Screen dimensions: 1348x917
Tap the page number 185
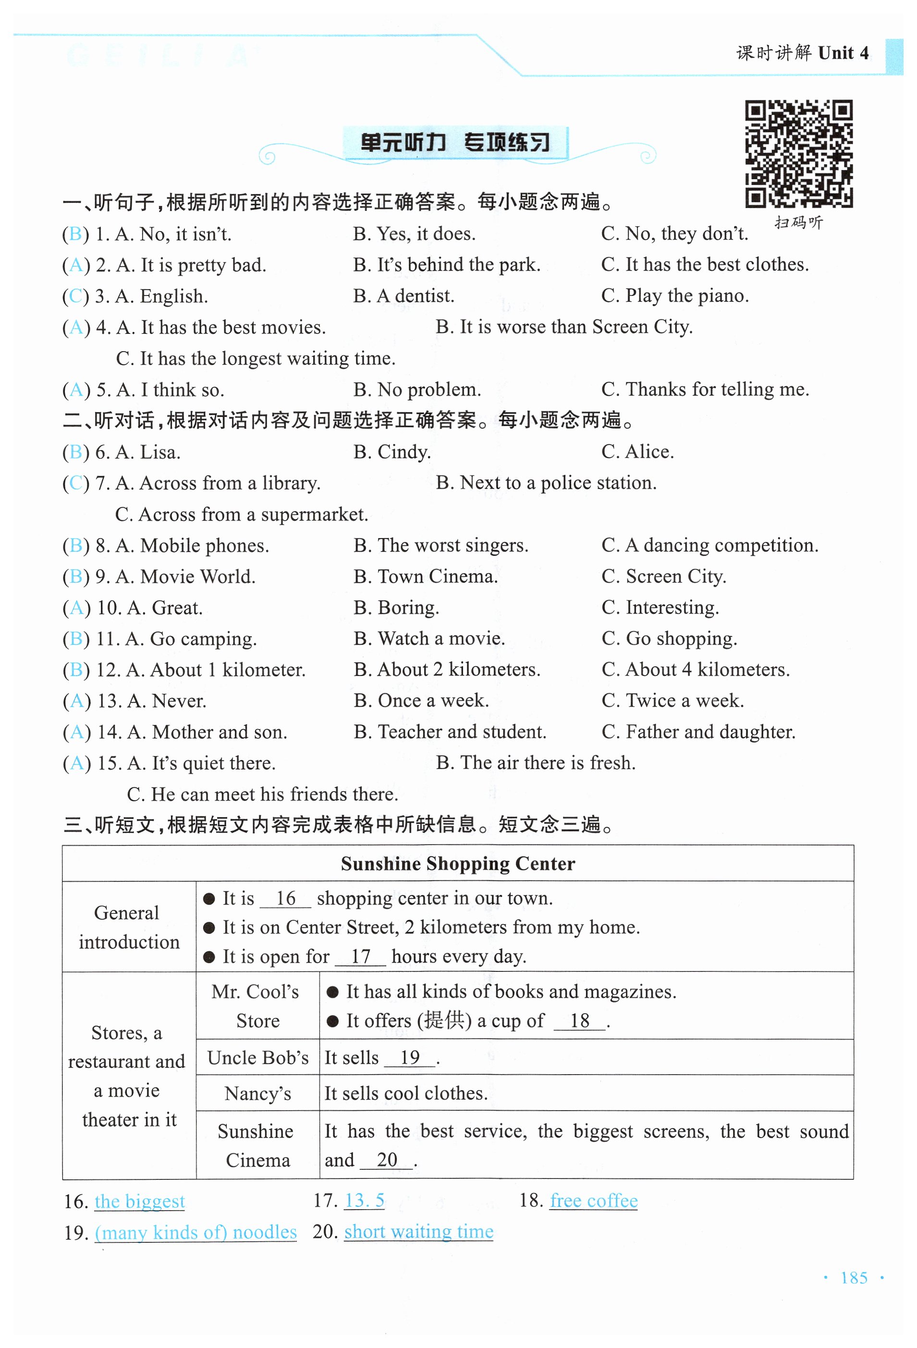pyautogui.click(x=854, y=1278)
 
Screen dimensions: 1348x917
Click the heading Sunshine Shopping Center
pyautogui.click(x=458, y=864)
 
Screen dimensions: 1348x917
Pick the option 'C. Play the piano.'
pyautogui.click(x=674, y=296)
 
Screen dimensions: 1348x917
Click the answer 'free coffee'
pyautogui.click(x=593, y=1201)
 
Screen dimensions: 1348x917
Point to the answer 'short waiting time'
pyautogui.click(x=418, y=1231)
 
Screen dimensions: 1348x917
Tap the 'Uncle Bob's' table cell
pyautogui.click(x=257, y=1058)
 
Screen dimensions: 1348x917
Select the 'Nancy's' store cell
pyautogui.click(x=257, y=1094)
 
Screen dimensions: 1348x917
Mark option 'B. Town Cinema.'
pyautogui.click(x=426, y=576)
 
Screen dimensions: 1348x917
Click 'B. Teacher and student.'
pyautogui.click(x=450, y=732)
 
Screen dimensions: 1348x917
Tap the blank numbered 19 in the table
pyautogui.click(x=409, y=1058)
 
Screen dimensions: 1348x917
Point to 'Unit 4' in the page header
pyautogui.click(x=843, y=53)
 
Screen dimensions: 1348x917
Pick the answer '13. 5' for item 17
pyautogui.click(x=364, y=1201)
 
